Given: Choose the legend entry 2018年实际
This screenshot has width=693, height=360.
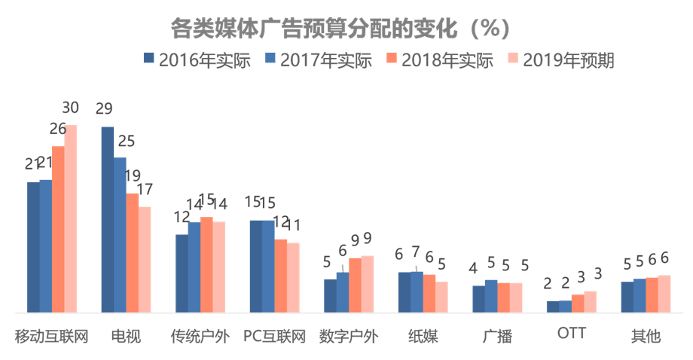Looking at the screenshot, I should [438, 61].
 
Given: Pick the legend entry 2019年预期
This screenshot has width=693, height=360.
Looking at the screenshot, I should [560, 61].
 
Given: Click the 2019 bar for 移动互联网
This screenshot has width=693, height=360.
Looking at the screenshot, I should [70, 218].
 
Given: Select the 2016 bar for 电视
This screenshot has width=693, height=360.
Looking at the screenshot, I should [108, 219].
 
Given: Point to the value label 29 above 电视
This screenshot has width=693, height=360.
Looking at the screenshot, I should [105, 108].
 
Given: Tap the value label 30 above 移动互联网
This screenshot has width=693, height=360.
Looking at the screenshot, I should [69, 107].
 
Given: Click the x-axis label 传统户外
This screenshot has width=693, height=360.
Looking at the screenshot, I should [200, 336].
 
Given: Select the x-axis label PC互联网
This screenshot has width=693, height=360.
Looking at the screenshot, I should [274, 336].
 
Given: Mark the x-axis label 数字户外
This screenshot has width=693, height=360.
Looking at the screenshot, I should [348, 336].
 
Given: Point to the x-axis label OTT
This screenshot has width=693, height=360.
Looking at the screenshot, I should [571, 333].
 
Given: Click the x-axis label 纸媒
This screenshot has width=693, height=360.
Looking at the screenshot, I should [423, 336].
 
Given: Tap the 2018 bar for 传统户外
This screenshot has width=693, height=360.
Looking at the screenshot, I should [206, 264].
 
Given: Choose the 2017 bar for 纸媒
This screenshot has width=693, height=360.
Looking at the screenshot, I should [417, 291].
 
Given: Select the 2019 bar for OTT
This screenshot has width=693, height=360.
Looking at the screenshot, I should [590, 301].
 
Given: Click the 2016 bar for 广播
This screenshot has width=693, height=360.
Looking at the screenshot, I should [478, 298].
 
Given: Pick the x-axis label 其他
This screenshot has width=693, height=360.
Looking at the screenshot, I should [646, 336].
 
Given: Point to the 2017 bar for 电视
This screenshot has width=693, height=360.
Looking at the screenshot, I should [120, 234].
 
